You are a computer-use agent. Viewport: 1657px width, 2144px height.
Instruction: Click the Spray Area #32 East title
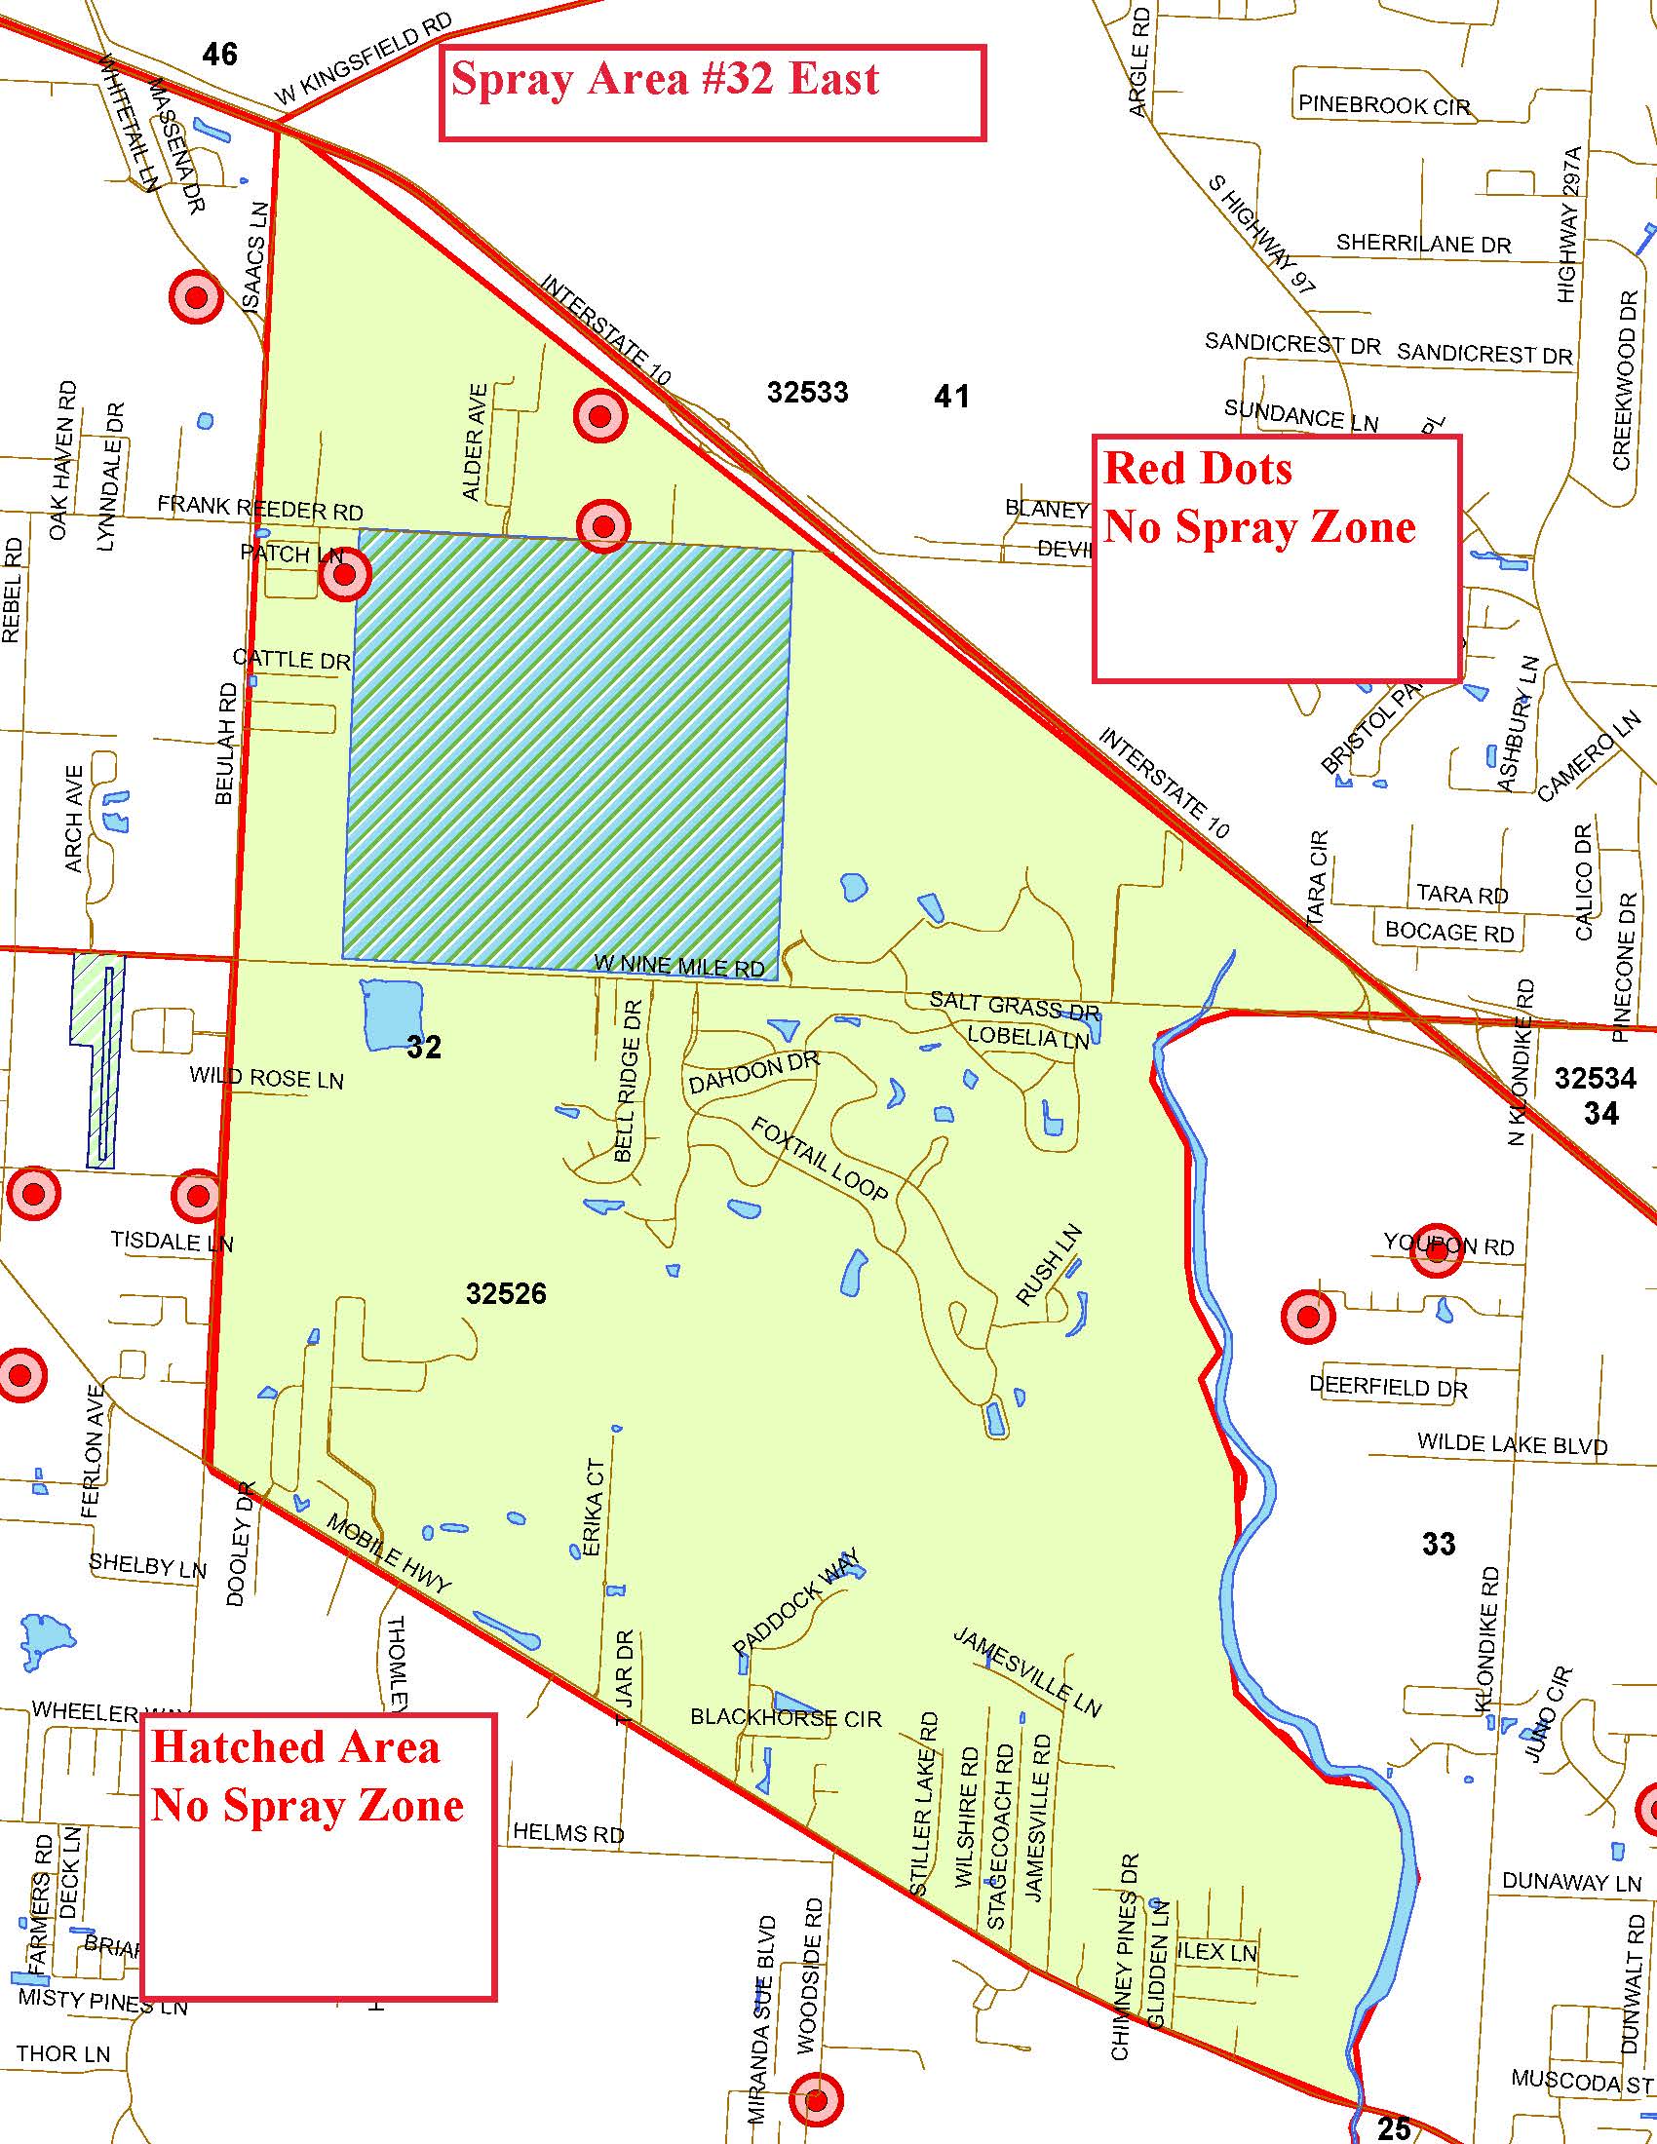pos(665,80)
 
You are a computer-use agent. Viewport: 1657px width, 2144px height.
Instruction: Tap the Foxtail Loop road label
pos(820,1159)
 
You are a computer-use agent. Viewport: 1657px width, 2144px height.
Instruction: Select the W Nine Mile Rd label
pos(679,965)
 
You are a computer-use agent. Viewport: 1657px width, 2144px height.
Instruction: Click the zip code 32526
pos(506,1294)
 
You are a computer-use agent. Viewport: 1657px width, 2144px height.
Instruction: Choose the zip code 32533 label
pos(807,393)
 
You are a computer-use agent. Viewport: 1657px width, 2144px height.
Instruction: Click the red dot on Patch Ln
pos(344,575)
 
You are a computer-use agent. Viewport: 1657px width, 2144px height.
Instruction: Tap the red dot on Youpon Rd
pos(1436,1250)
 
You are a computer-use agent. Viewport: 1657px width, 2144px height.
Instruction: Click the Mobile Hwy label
pos(389,1553)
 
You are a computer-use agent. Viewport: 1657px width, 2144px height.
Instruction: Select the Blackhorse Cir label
pos(786,1718)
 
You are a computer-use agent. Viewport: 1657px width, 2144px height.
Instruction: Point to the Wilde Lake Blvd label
pos(1512,1445)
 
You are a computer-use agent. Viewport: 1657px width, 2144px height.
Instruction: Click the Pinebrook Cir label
pos(1384,105)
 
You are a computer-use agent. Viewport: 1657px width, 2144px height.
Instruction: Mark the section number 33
pos(1438,1545)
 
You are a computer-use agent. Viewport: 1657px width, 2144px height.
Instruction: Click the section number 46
pos(219,54)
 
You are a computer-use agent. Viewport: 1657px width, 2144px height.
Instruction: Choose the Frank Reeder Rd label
pos(260,509)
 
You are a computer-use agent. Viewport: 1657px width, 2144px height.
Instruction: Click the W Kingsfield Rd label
pos(364,60)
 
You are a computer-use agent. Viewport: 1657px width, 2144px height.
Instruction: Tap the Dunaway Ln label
pos(1571,1883)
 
